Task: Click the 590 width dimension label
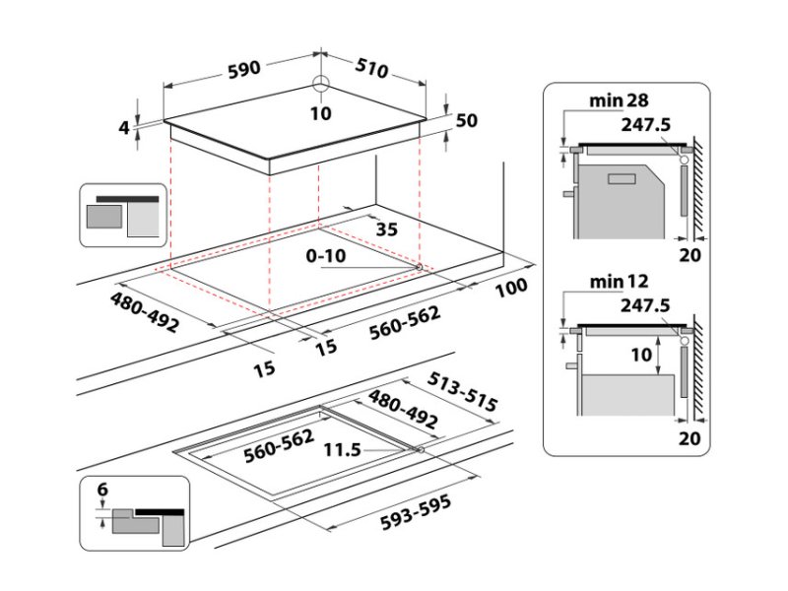click(x=244, y=69)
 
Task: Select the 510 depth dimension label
click(x=372, y=68)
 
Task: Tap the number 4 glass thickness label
click(x=124, y=128)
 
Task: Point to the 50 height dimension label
click(x=466, y=120)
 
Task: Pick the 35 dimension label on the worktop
click(x=387, y=230)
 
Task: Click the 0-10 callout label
click(x=326, y=256)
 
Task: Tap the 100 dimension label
click(x=511, y=288)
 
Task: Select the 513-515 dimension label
click(x=462, y=392)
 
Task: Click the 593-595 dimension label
click(x=416, y=512)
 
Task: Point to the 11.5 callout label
click(x=342, y=449)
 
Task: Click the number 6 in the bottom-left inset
click(x=102, y=489)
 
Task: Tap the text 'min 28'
click(x=619, y=100)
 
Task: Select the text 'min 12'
click(x=619, y=282)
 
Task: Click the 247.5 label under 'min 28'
click(x=646, y=124)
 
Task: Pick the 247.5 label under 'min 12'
click(x=645, y=305)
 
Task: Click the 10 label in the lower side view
click(x=641, y=355)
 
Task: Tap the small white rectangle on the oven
click(x=623, y=179)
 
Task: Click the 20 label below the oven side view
click(x=689, y=255)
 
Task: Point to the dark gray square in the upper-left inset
click(x=104, y=217)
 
